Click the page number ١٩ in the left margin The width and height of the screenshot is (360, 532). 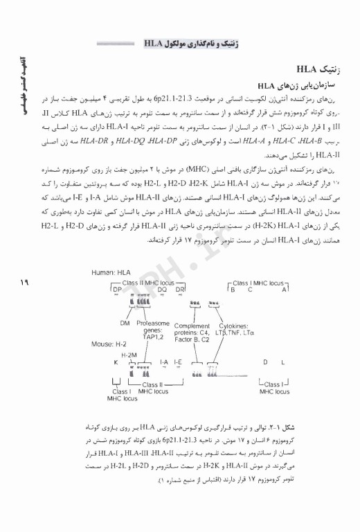(x=17, y=281)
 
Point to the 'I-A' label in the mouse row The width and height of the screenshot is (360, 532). (x=164, y=361)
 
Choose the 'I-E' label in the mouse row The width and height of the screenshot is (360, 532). (x=178, y=361)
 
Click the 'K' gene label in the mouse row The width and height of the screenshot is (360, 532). (x=116, y=362)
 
